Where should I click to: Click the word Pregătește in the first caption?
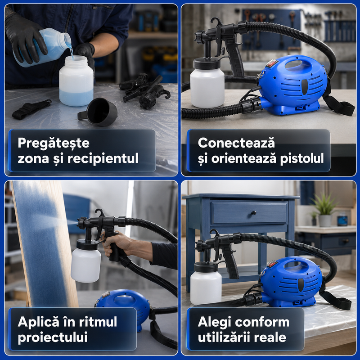coord(54,143)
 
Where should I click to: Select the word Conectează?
coord(236,143)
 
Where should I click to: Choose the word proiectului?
coord(53,337)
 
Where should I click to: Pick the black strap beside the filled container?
coord(31,108)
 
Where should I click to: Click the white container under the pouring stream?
coord(76,81)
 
